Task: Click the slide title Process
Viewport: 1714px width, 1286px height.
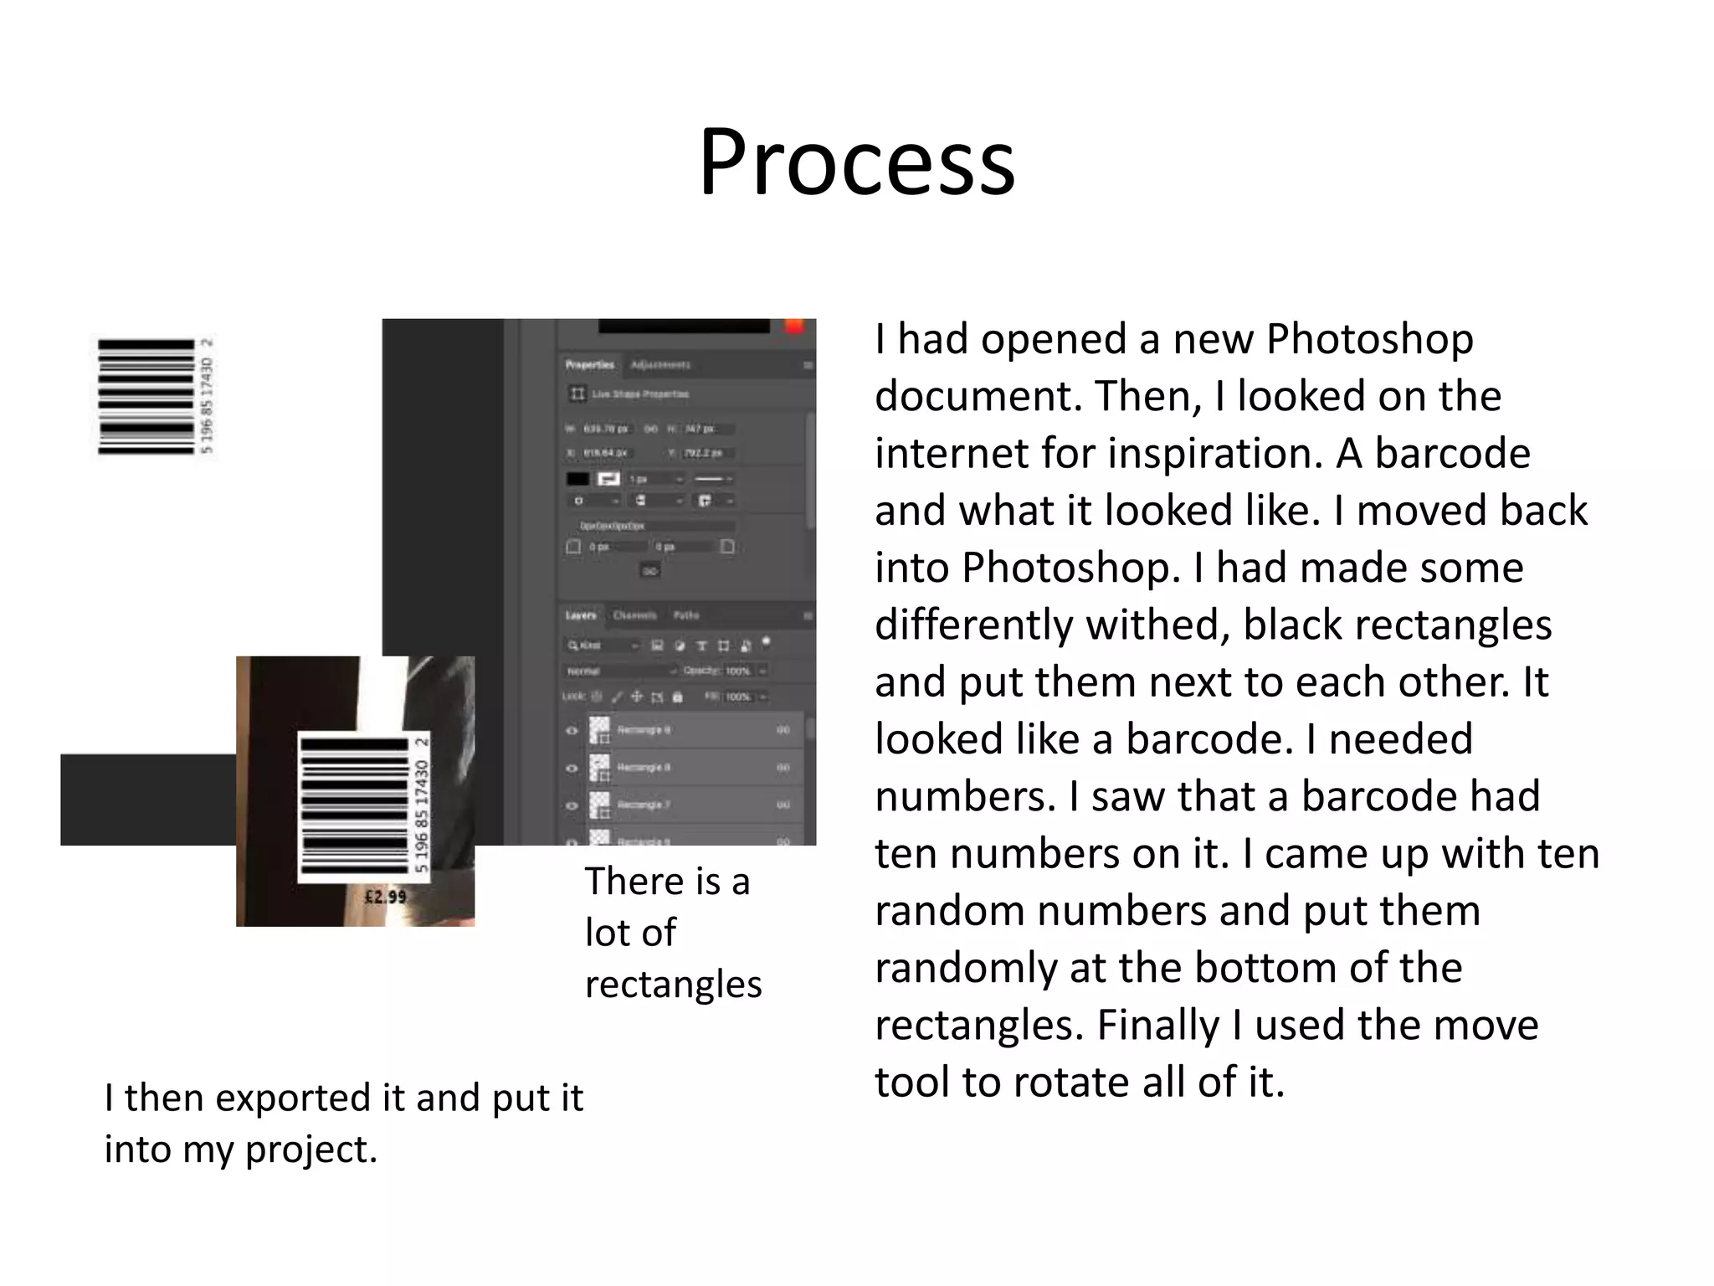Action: pos(856,162)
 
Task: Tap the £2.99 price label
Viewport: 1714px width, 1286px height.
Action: pos(385,897)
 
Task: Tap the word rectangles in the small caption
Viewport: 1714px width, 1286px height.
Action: pos(673,985)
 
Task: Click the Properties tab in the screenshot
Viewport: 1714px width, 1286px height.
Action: pos(589,365)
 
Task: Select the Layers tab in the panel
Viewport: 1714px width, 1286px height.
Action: pos(581,615)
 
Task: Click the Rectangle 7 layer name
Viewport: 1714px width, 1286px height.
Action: pos(643,805)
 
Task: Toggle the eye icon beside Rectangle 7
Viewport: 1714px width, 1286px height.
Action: pos(572,805)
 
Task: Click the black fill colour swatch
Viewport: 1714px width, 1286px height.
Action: pos(577,479)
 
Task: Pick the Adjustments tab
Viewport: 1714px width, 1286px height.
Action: pos(660,365)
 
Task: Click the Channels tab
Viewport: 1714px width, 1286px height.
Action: pos(634,615)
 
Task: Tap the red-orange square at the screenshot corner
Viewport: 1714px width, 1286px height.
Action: pos(793,327)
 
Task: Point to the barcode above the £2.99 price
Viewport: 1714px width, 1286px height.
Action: pos(355,805)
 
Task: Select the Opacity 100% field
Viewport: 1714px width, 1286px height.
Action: pos(737,671)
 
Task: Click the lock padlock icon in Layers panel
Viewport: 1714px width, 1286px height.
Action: pos(677,697)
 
